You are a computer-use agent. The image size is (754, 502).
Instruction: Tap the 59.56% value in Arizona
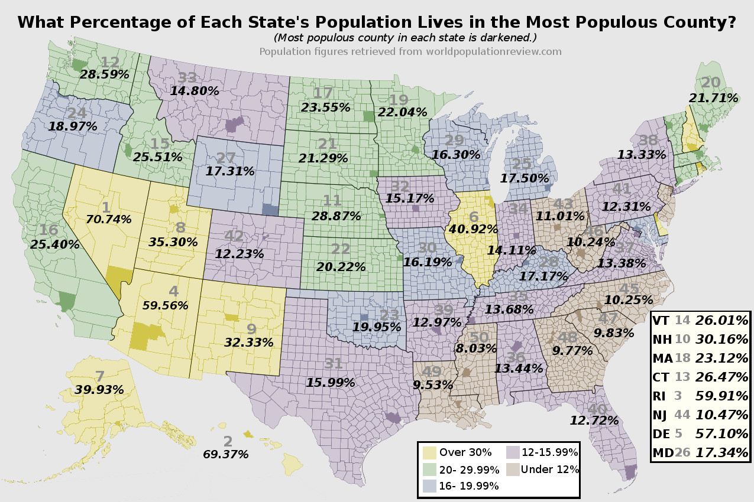pyautogui.click(x=165, y=305)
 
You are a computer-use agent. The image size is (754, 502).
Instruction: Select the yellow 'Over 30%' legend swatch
pyautogui.click(x=431, y=453)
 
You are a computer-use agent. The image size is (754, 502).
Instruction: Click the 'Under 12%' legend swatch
pyautogui.click(x=512, y=470)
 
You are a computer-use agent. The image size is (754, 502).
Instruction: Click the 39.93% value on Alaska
pyautogui.click(x=99, y=389)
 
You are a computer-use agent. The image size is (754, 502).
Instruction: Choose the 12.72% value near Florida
pyautogui.click(x=594, y=420)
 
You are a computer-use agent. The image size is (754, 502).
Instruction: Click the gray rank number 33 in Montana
pyautogui.click(x=187, y=78)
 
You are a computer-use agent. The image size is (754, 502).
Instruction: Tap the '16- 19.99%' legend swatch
pyautogui.click(x=431, y=485)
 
